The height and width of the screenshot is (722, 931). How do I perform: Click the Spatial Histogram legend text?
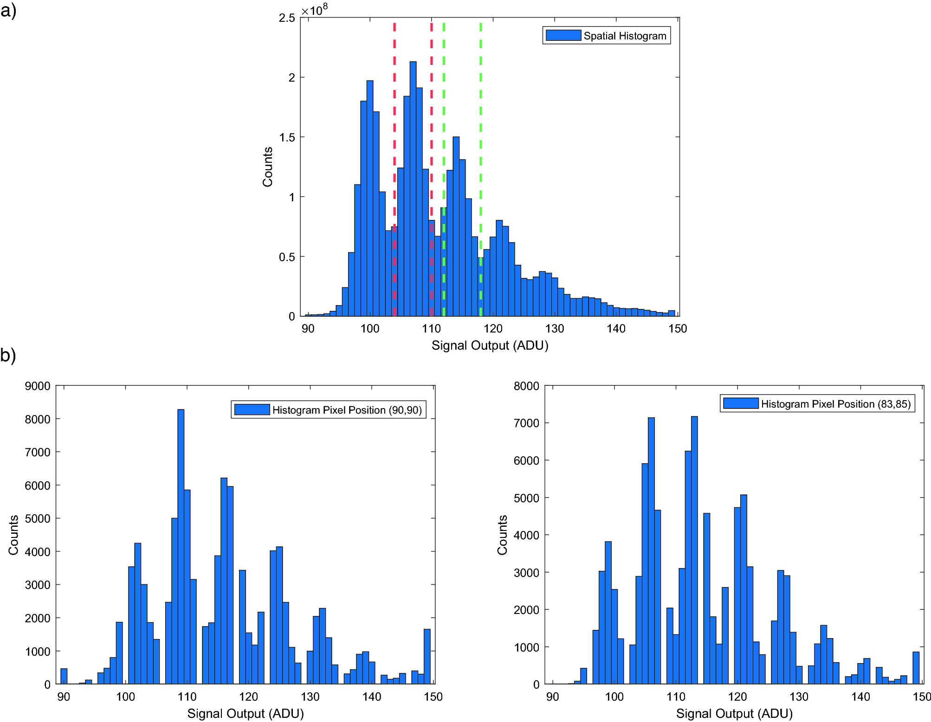pyautogui.click(x=624, y=36)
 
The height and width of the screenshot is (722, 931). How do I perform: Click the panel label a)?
pyautogui.click(x=8, y=10)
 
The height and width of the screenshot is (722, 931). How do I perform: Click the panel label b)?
pyautogui.click(x=8, y=355)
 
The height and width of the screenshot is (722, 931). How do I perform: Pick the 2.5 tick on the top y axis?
pyautogui.click(x=287, y=18)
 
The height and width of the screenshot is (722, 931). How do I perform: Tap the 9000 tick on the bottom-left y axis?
pyautogui.click(x=38, y=386)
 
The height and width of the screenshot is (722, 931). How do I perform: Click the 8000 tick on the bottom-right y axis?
pyautogui.click(x=526, y=386)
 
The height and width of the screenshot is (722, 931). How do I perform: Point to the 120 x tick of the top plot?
pyautogui.click(x=492, y=329)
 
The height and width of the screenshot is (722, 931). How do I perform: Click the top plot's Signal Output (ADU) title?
pyautogui.click(x=490, y=345)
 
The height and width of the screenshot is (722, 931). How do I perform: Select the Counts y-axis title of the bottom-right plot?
pyautogui.click(x=502, y=535)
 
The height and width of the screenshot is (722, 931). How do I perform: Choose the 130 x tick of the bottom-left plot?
pyautogui.click(x=310, y=696)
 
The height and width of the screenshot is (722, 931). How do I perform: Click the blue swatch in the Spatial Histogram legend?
pyautogui.click(x=563, y=36)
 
